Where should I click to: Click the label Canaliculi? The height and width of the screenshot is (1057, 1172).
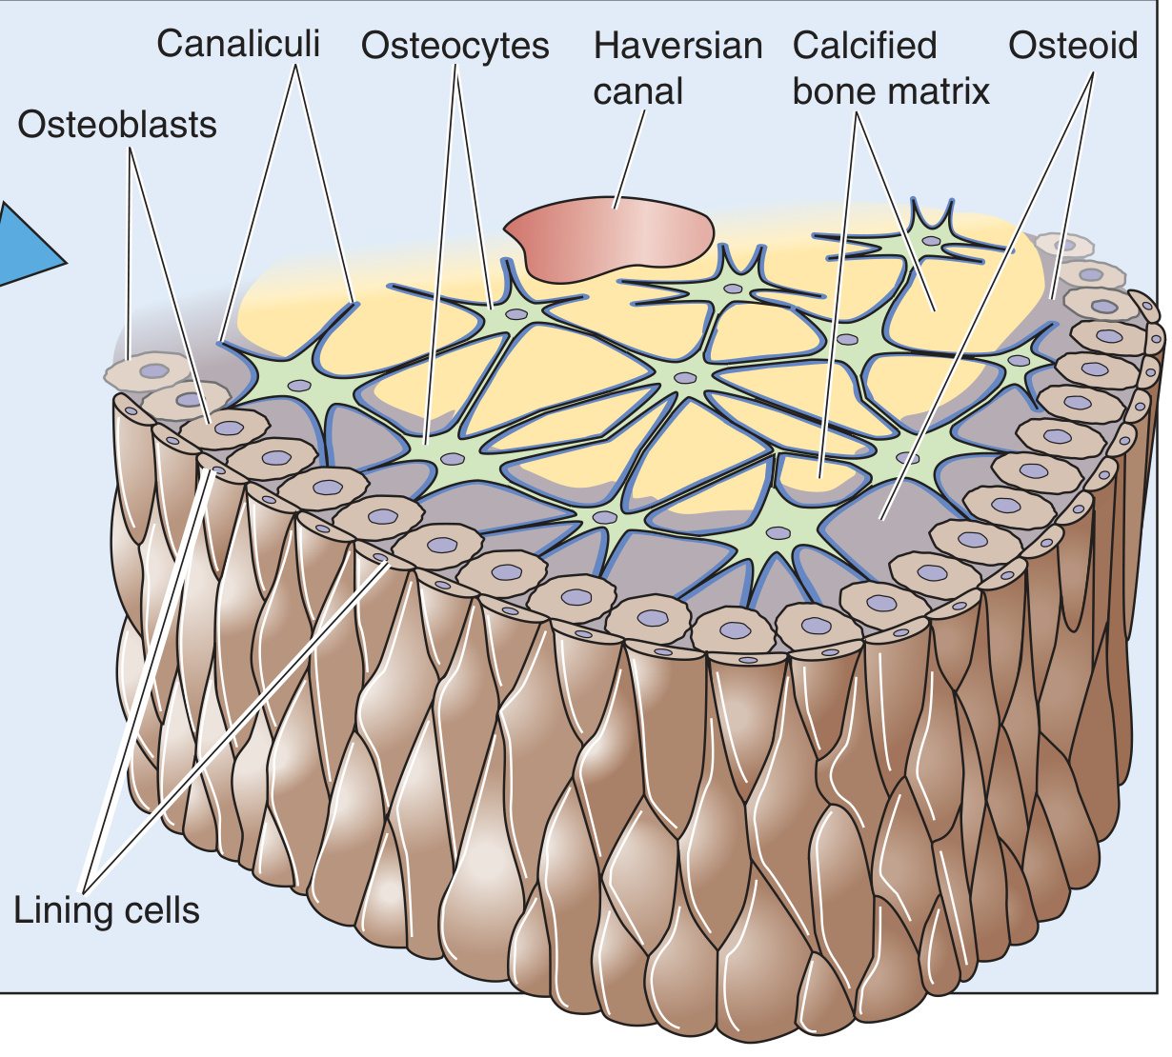pos(238,44)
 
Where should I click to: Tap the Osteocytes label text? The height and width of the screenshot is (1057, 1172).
pos(455,47)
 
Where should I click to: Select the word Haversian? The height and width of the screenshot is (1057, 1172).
pos(677,46)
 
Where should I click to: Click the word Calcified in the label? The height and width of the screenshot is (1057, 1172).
pos(864,45)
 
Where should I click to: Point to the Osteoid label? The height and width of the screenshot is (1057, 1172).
pos(1073,46)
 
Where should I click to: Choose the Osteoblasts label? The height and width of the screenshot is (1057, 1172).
pos(117,125)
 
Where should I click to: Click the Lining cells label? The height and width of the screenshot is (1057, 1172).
pos(107,909)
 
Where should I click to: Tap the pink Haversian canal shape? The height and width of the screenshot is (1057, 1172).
pos(611,238)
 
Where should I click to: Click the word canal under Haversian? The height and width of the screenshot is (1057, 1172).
pos(638,91)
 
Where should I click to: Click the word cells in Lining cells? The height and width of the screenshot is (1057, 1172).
pos(156,909)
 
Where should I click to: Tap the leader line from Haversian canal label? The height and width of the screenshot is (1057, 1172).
pos(629,159)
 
